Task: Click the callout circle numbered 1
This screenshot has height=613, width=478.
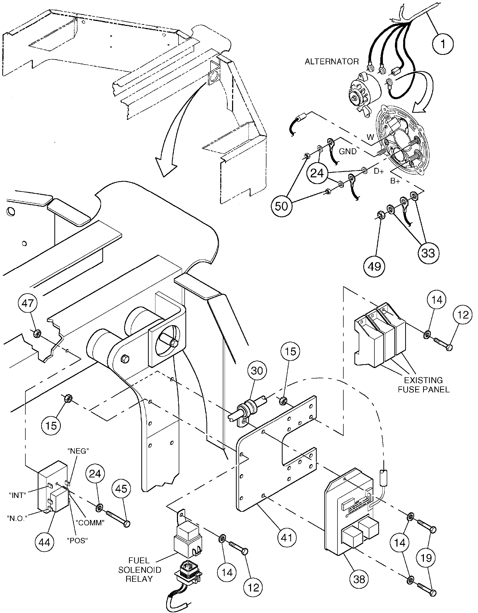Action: (x=443, y=44)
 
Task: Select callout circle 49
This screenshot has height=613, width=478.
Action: (x=374, y=266)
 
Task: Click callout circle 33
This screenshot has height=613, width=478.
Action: (x=428, y=253)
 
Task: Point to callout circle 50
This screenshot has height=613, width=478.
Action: (x=281, y=206)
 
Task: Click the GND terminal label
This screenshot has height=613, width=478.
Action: (x=348, y=151)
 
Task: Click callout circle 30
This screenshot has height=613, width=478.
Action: (x=257, y=371)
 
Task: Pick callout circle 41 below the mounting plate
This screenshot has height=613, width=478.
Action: (x=287, y=538)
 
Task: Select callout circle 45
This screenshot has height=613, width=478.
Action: (x=121, y=489)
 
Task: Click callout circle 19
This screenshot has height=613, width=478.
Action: (x=426, y=557)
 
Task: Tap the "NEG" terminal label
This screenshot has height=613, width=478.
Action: (x=78, y=451)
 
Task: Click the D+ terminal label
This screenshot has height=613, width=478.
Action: (x=379, y=171)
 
